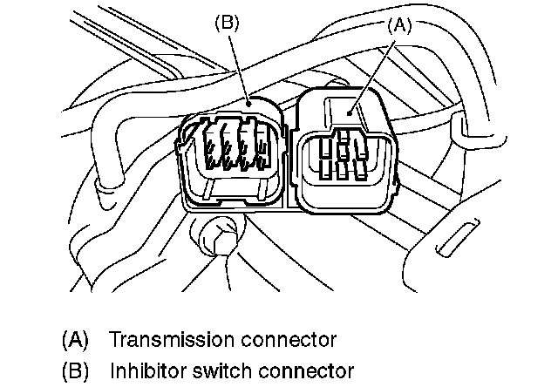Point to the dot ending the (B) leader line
(249, 102)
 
